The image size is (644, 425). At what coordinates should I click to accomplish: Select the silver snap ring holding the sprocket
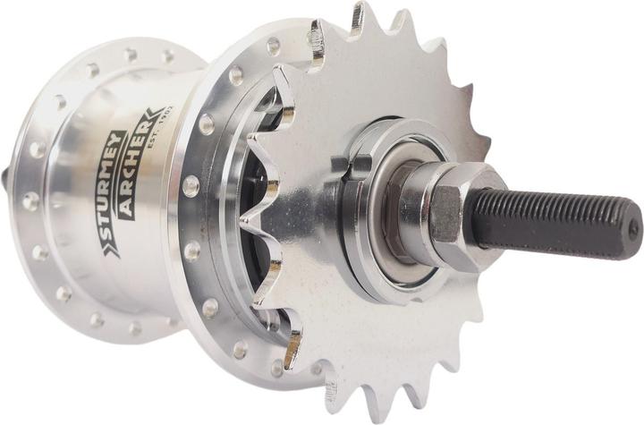(x=358, y=268)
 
